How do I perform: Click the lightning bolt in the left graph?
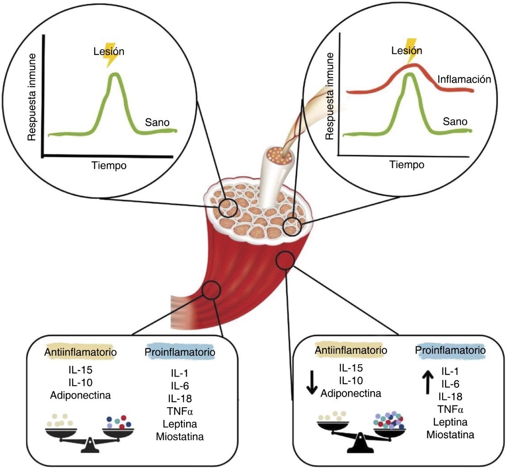click(x=112, y=58)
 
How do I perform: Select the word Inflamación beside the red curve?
click(x=464, y=80)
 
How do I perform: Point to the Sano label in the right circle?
click(x=455, y=122)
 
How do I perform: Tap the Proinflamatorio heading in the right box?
click(x=450, y=351)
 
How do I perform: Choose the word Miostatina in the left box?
click(x=179, y=436)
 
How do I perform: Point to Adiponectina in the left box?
click(x=80, y=394)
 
